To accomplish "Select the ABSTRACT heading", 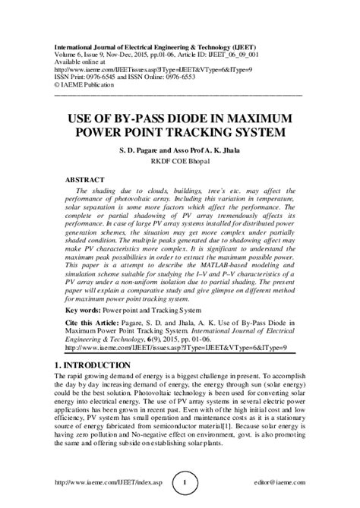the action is [x=88, y=180].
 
